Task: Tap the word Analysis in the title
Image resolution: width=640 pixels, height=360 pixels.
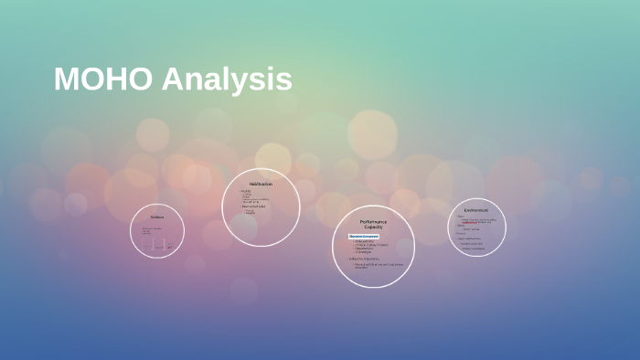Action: click(x=227, y=80)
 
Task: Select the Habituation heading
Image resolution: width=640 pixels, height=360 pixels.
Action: click(x=261, y=184)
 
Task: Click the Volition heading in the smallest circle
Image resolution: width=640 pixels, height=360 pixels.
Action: click(x=157, y=217)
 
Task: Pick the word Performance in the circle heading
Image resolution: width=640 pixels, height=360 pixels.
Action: click(x=373, y=221)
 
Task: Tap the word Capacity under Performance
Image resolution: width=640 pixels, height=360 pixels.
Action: click(x=373, y=227)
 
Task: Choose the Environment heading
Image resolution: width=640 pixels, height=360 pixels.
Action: click(x=476, y=210)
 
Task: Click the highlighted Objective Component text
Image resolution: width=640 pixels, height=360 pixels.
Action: click(x=364, y=237)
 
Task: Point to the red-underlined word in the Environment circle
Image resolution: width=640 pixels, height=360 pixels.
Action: click(x=468, y=222)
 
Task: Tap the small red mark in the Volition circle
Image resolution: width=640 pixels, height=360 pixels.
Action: click(x=169, y=247)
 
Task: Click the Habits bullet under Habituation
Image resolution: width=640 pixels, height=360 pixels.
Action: click(x=246, y=191)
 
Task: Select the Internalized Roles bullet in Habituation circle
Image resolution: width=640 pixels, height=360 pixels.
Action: click(x=255, y=206)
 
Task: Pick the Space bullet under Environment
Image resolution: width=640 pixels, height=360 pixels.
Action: click(x=461, y=217)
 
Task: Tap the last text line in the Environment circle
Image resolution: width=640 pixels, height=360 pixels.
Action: click(x=473, y=249)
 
